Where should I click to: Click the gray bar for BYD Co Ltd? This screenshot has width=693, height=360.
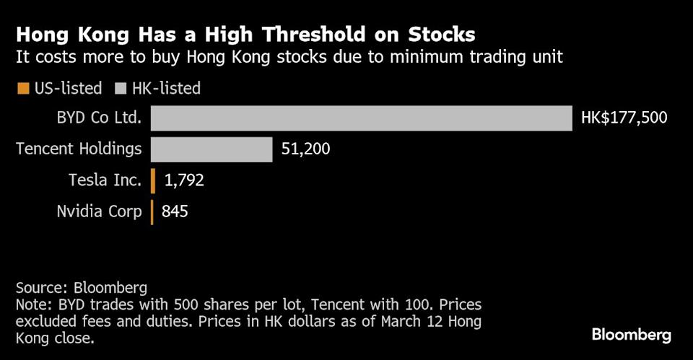(361, 118)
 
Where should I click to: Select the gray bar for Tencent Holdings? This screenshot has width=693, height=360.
(212, 150)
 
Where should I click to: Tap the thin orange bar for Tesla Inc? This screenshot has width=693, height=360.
(153, 181)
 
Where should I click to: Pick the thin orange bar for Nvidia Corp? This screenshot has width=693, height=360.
(152, 212)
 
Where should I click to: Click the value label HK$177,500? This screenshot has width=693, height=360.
(624, 118)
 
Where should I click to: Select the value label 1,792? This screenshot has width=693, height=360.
(184, 181)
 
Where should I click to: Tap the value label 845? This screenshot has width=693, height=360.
(176, 212)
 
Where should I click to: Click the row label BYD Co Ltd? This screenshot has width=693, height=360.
(98, 118)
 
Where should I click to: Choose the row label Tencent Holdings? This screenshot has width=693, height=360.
(79, 150)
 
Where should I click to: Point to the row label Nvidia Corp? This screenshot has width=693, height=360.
(99, 212)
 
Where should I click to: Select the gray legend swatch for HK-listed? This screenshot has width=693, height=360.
(120, 89)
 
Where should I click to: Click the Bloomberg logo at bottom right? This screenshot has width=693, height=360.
(632, 335)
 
